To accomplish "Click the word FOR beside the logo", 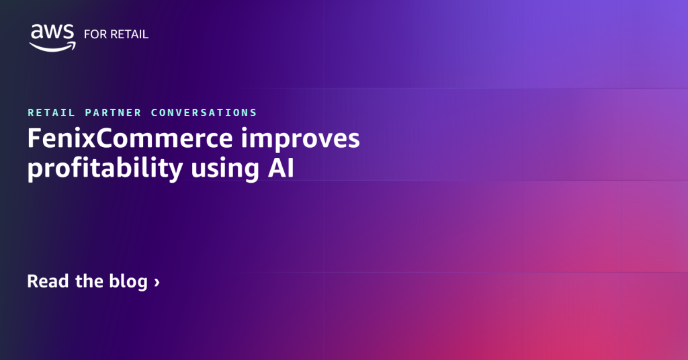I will [x=94, y=34].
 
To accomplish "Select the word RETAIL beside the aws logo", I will [x=129, y=34].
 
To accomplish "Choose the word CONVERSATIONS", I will [x=204, y=113].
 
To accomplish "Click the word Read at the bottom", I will [x=48, y=281].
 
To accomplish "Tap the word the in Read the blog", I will [x=89, y=281].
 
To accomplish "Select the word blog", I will [x=128, y=281].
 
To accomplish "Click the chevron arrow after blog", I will [x=157, y=282].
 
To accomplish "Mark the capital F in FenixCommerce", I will [x=34, y=139].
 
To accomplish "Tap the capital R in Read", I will [x=33, y=281].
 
